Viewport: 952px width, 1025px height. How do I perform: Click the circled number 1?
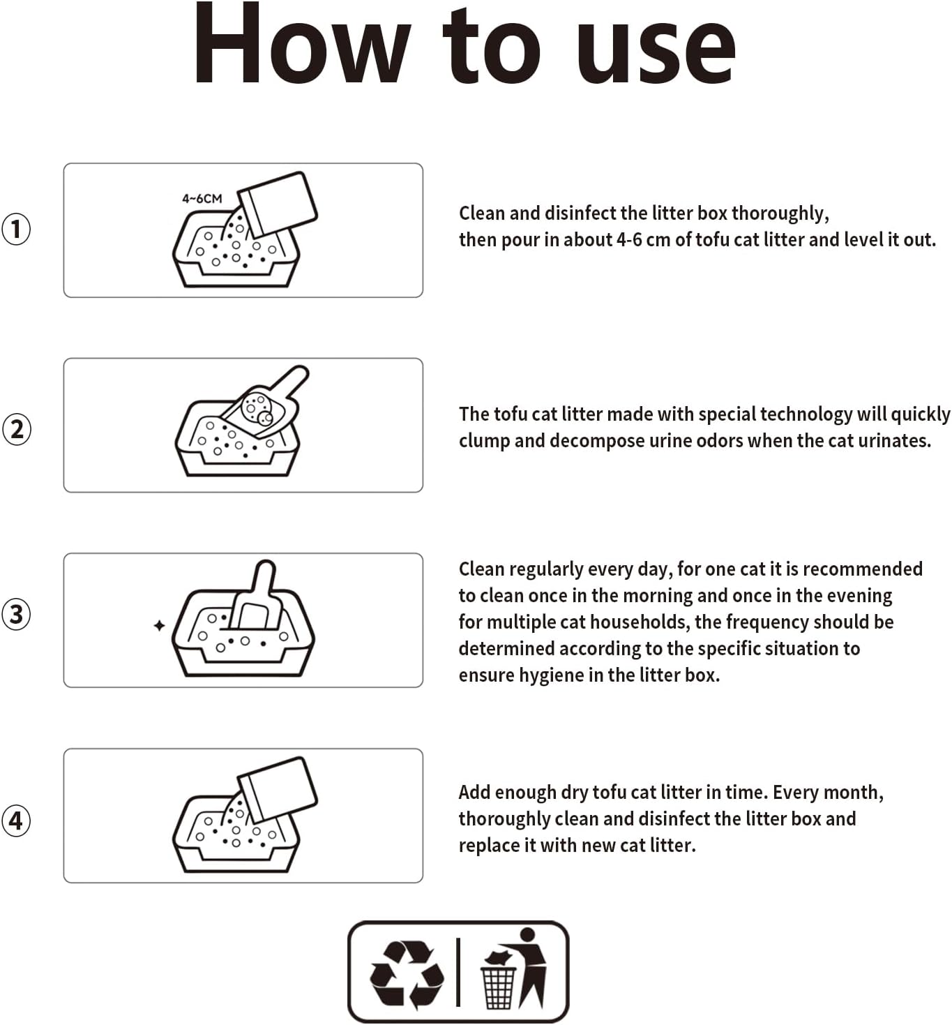pos(16,229)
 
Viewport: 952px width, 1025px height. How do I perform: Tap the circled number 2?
pos(17,429)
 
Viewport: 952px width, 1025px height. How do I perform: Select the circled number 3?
pos(16,614)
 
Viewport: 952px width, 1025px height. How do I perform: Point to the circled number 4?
pos(16,821)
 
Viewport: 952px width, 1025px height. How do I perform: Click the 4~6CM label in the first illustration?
pos(202,199)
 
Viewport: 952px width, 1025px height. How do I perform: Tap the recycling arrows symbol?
pos(407,975)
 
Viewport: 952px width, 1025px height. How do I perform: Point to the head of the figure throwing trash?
pos(527,935)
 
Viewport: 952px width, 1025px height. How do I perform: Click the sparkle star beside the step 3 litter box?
pos(160,625)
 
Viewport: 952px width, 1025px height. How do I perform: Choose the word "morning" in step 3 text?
pos(658,596)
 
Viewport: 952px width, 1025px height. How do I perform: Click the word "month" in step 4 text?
pos(856,792)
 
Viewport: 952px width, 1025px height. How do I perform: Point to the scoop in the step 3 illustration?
pos(257,599)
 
